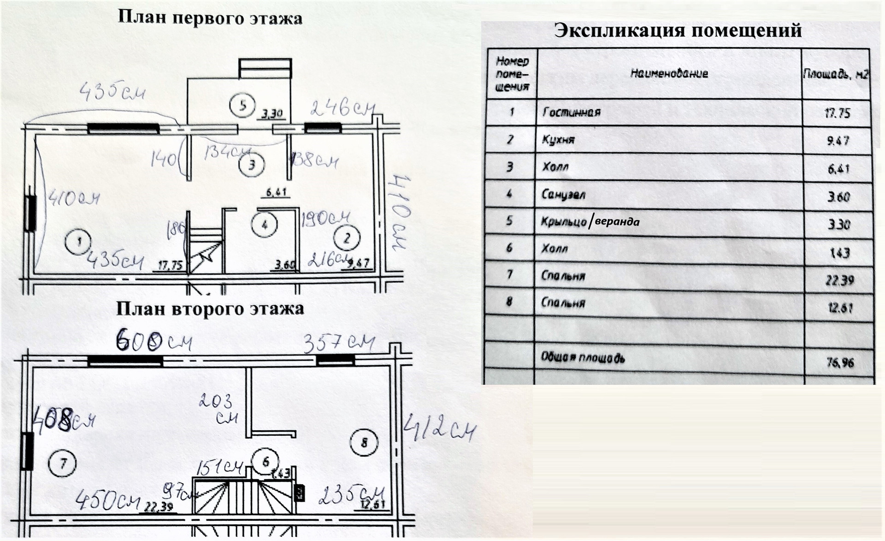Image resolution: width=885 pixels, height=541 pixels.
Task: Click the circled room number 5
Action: click(243, 106)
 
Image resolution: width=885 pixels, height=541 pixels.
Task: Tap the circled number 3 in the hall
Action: click(252, 165)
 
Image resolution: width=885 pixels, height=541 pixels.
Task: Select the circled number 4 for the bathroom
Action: click(264, 225)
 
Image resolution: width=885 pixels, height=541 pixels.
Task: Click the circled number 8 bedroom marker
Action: click(364, 443)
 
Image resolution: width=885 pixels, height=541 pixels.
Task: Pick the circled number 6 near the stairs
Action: click(265, 462)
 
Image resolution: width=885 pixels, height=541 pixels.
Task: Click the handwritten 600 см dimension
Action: click(153, 342)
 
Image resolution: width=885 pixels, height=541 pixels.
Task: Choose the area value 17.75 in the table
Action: click(837, 113)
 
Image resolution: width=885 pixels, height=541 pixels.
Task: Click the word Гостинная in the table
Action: click(571, 112)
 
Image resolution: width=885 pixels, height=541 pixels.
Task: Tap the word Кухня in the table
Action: click(558, 139)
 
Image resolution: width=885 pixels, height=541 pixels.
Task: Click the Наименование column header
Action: click(669, 73)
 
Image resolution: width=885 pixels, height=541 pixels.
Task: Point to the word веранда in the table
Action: click(617, 222)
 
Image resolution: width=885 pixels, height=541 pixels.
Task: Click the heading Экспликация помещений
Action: click(678, 30)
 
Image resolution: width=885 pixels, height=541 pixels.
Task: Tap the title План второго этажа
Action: click(210, 309)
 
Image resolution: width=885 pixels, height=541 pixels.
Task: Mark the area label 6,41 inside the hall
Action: click(277, 192)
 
